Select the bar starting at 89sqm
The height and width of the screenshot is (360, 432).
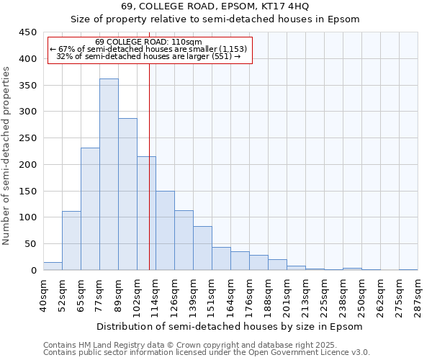pyautogui.click(x=127, y=194)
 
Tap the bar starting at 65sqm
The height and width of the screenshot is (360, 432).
pyautogui.click(x=90, y=209)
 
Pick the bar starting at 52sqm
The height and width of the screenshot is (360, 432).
pyautogui.click(x=71, y=240)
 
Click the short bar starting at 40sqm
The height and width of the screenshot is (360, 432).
pyautogui.click(x=53, y=266)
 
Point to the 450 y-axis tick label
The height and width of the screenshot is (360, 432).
pyautogui.click(x=28, y=32)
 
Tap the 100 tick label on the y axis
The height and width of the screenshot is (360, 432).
pyautogui.click(x=28, y=217)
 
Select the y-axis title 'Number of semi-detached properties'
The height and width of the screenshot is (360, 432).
pyautogui.click(x=7, y=155)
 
